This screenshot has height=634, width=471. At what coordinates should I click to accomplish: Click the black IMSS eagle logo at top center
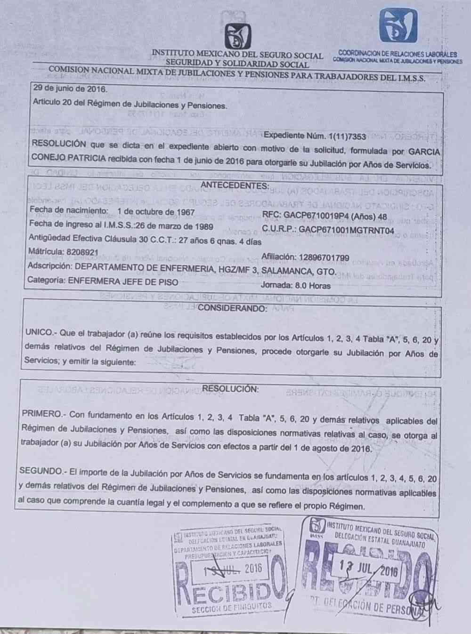click(238, 36)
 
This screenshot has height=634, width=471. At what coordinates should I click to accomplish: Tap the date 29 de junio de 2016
click(70, 88)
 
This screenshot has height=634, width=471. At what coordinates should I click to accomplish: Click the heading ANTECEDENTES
click(235, 185)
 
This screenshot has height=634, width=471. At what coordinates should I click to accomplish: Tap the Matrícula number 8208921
click(81, 252)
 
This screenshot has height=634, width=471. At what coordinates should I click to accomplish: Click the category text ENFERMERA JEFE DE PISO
click(123, 282)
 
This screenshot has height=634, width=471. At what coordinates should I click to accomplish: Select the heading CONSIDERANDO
click(233, 309)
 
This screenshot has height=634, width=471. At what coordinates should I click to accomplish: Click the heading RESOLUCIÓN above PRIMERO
click(230, 389)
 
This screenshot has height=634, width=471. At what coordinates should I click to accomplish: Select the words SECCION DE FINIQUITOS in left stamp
click(232, 607)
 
